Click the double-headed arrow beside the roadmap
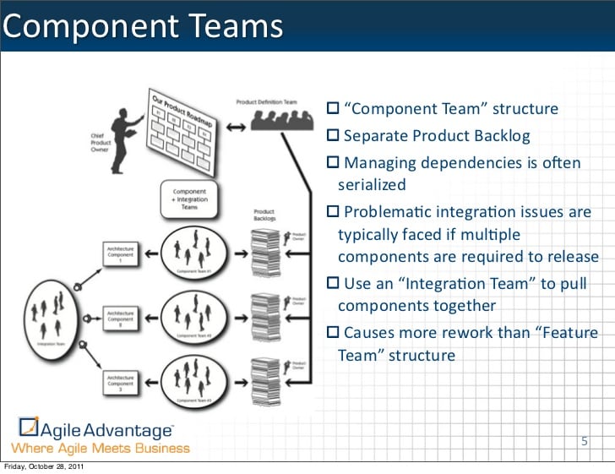[x=237, y=128]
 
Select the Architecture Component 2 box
[x=120, y=318]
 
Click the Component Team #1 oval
[x=193, y=252]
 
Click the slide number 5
[x=584, y=441]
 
